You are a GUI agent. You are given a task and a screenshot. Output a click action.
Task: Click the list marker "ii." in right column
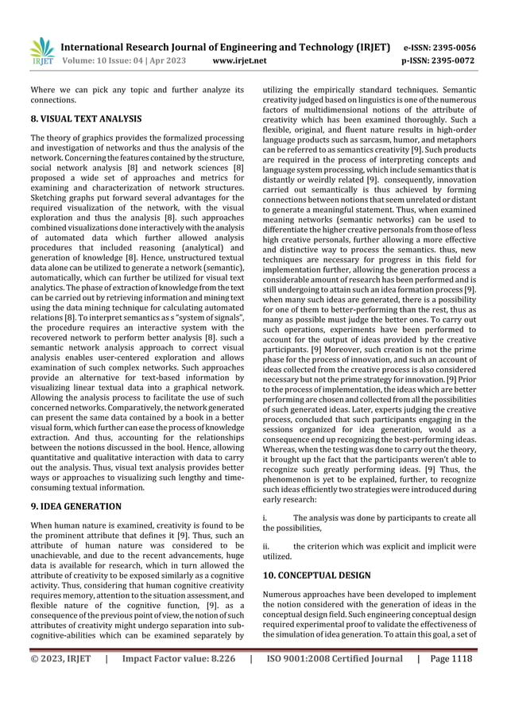267,547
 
